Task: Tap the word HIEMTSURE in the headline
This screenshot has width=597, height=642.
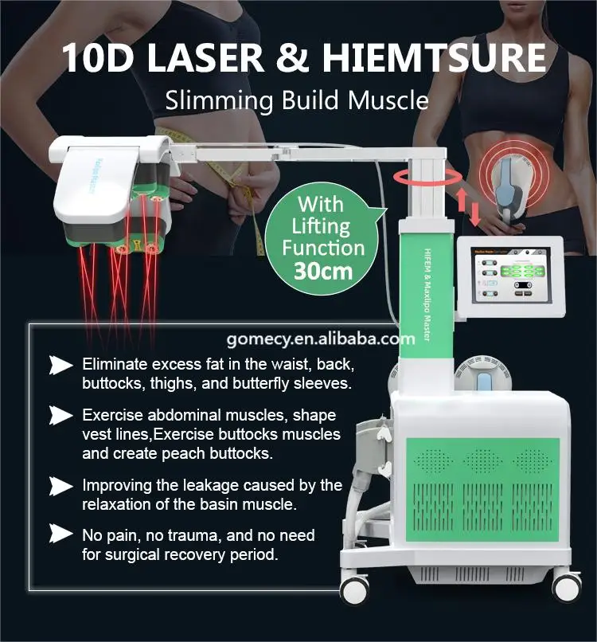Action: (446, 59)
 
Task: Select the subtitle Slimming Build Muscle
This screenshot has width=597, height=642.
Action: (297, 100)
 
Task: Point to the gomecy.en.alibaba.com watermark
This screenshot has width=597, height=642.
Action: (321, 339)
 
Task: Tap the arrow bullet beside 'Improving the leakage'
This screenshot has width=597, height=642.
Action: (60, 486)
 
